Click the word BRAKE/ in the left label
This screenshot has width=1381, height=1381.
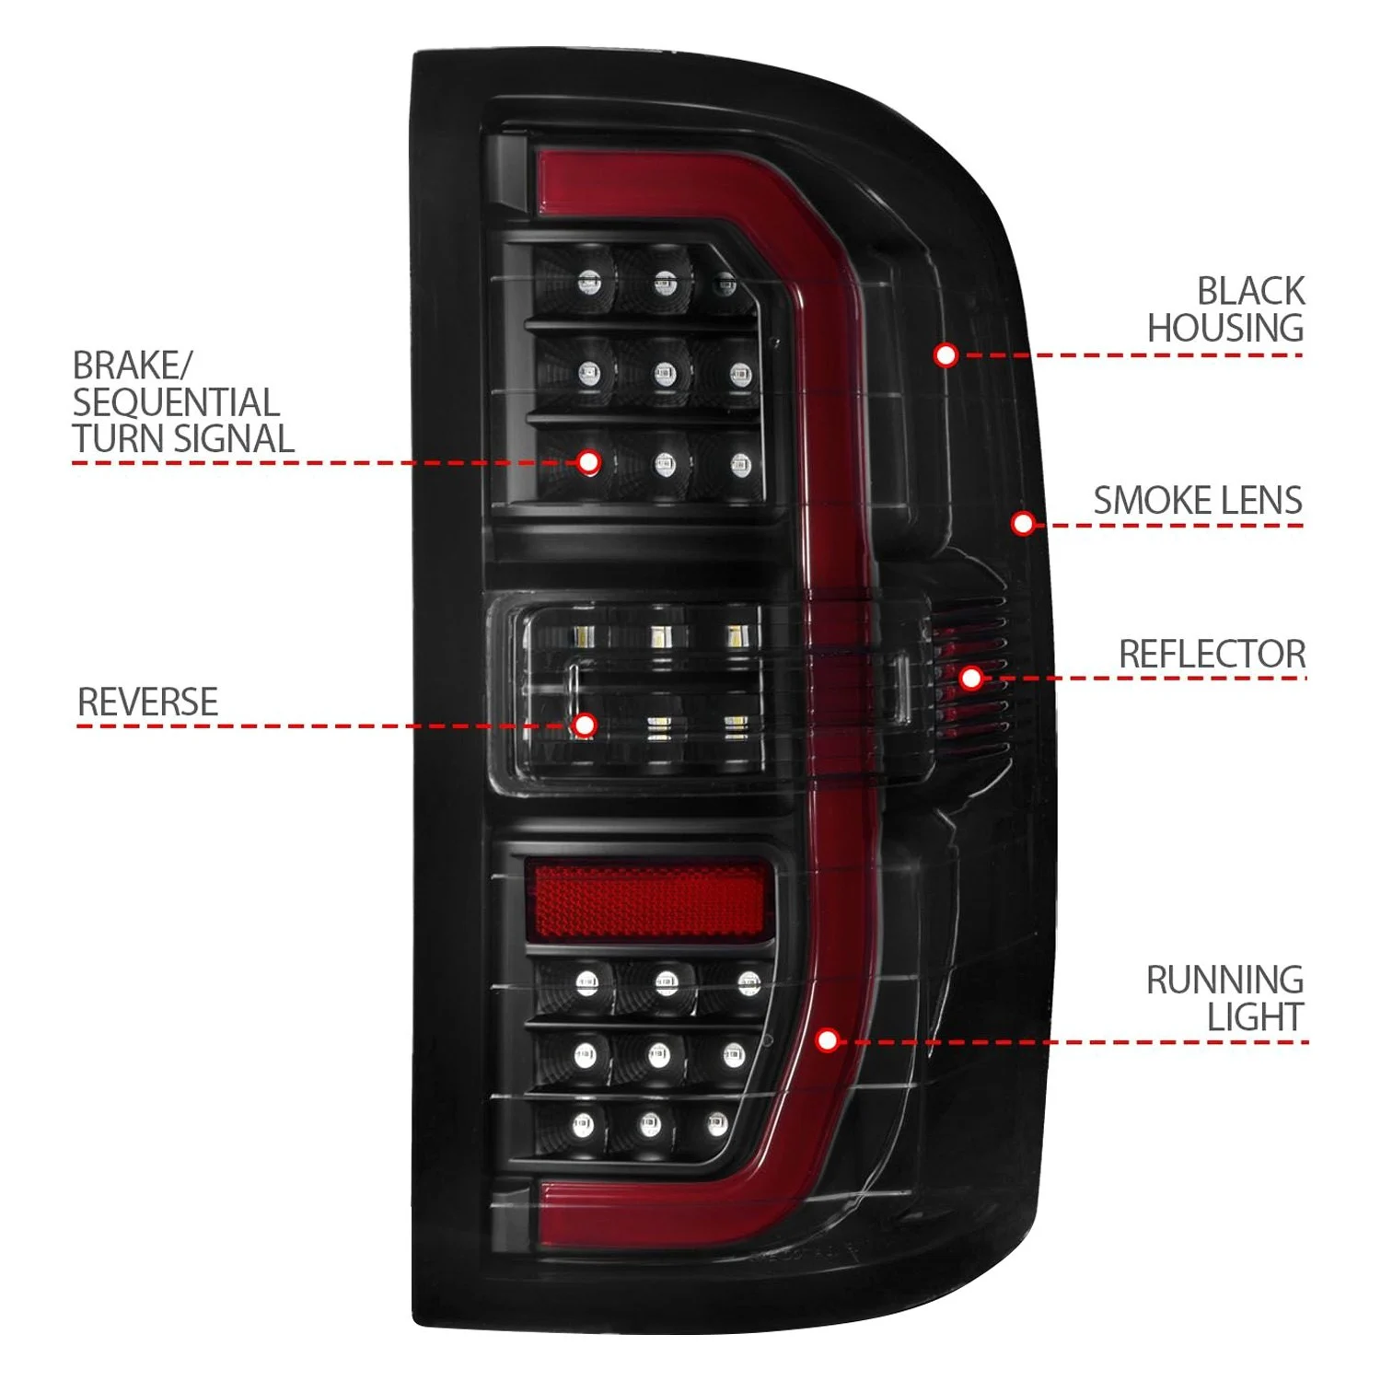coord(132,366)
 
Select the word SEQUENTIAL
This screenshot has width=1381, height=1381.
coord(175,402)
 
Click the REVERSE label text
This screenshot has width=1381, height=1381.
coord(147,702)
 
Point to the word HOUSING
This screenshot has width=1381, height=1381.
coord(1224,328)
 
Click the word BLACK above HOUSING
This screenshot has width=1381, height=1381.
coord(1250,291)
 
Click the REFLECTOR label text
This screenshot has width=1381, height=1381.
coord(1212,655)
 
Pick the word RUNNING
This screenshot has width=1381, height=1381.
coord(1224,980)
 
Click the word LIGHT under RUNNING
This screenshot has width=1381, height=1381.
coord(1255,1017)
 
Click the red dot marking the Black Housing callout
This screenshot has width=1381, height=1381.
coord(946,354)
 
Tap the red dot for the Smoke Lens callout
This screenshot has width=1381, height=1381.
coord(1023,524)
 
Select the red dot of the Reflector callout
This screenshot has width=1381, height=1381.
coord(970,679)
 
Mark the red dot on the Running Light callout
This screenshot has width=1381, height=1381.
coord(828,1040)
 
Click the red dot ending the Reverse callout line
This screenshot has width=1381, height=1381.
coord(585,725)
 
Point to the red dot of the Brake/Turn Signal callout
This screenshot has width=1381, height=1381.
coord(589,462)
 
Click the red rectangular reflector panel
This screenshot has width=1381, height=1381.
coord(647,901)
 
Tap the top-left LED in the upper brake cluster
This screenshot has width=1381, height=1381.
coord(589,283)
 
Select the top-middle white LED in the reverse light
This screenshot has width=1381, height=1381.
coord(660,636)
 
